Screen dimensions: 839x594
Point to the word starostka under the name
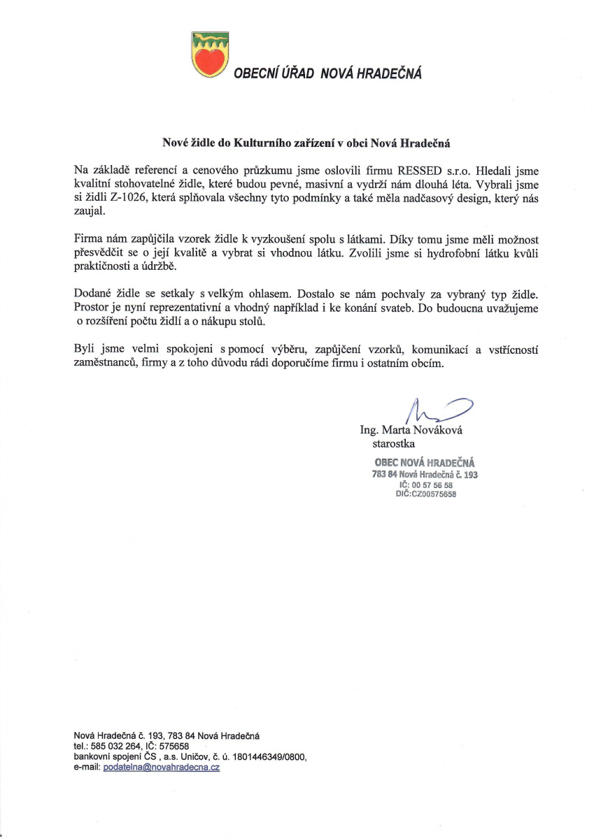coord(394,443)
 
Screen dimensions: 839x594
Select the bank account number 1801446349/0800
coord(267,756)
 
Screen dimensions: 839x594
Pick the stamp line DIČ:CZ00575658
coord(426,494)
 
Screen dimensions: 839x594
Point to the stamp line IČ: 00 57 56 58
coord(425,485)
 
